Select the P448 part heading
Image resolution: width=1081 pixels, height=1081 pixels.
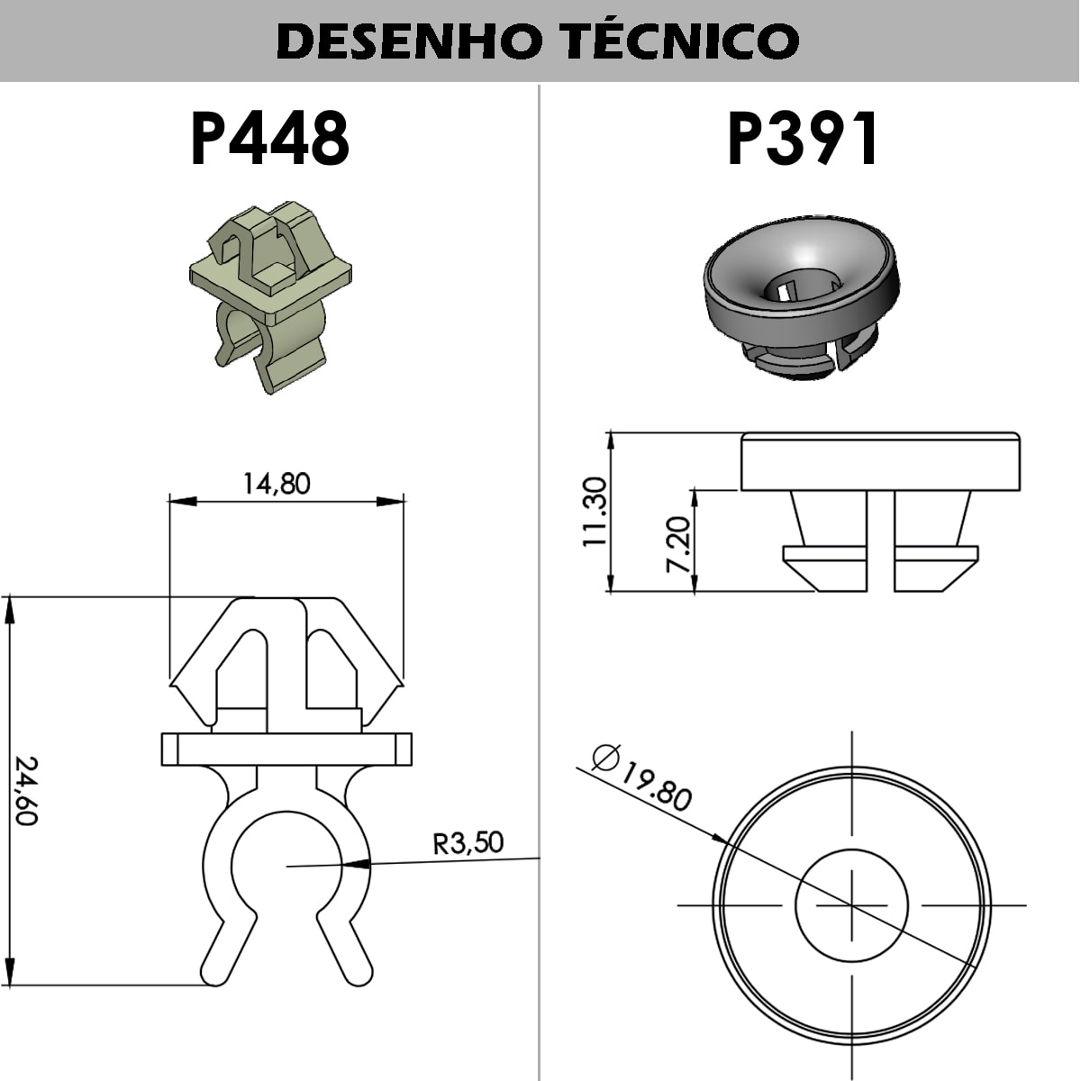(269, 140)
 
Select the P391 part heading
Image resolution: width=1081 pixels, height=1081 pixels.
(803, 140)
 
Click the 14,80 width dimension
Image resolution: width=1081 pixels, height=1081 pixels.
(277, 484)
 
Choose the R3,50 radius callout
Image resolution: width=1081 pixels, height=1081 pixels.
(468, 843)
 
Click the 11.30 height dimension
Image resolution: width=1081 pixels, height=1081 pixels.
(595, 512)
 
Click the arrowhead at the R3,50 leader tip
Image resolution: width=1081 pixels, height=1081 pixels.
(357, 863)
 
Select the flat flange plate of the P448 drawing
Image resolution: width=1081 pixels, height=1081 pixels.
(286, 749)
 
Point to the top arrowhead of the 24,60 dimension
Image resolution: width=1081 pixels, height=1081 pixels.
(11, 608)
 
